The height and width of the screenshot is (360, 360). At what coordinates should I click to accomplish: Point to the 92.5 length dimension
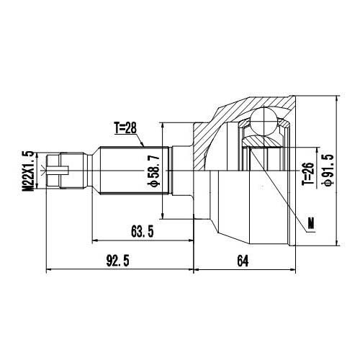click(x=115, y=261)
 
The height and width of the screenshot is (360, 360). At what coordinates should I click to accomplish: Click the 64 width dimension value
click(x=241, y=261)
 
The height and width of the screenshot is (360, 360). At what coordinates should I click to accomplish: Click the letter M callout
click(x=311, y=222)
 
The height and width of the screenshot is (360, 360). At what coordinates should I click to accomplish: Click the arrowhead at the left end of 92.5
click(x=48, y=269)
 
